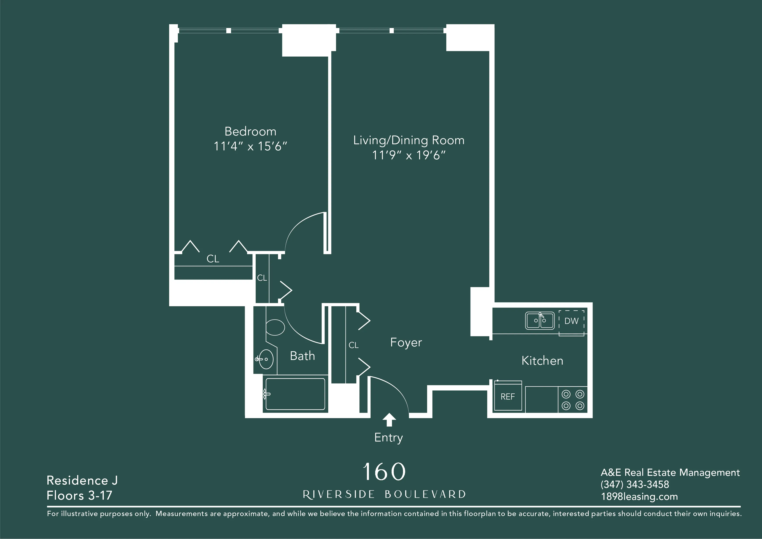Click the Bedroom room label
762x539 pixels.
pos(250,131)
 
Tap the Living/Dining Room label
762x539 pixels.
pos(409,140)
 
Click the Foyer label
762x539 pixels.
pos(406,343)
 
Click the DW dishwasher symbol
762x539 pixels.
pos(571,321)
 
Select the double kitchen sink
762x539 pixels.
pos(540,321)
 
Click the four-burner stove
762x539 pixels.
pos(573,400)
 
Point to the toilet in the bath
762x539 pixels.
pos(275,327)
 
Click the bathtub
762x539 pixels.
pos(295,394)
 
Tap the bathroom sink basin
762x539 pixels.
pos(266,359)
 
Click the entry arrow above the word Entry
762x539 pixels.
pos(389,419)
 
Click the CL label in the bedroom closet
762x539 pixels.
pos(213,259)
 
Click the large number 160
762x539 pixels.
pos(384,472)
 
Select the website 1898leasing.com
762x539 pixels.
pos(639,497)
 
